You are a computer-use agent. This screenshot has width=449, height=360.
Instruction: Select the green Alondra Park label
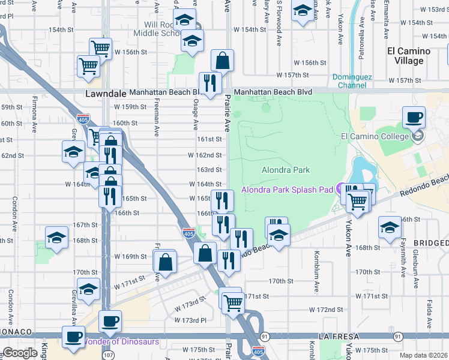(286, 170)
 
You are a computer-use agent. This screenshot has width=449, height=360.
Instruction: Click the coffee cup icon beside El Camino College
(413, 117)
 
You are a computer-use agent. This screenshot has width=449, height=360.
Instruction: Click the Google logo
(20, 353)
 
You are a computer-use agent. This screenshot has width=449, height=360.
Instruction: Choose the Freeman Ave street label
(156, 120)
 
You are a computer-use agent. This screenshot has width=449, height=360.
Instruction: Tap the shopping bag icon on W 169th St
(165, 262)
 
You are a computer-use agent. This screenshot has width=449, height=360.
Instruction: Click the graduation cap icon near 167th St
(56, 238)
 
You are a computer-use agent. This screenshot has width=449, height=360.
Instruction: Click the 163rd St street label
(209, 170)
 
